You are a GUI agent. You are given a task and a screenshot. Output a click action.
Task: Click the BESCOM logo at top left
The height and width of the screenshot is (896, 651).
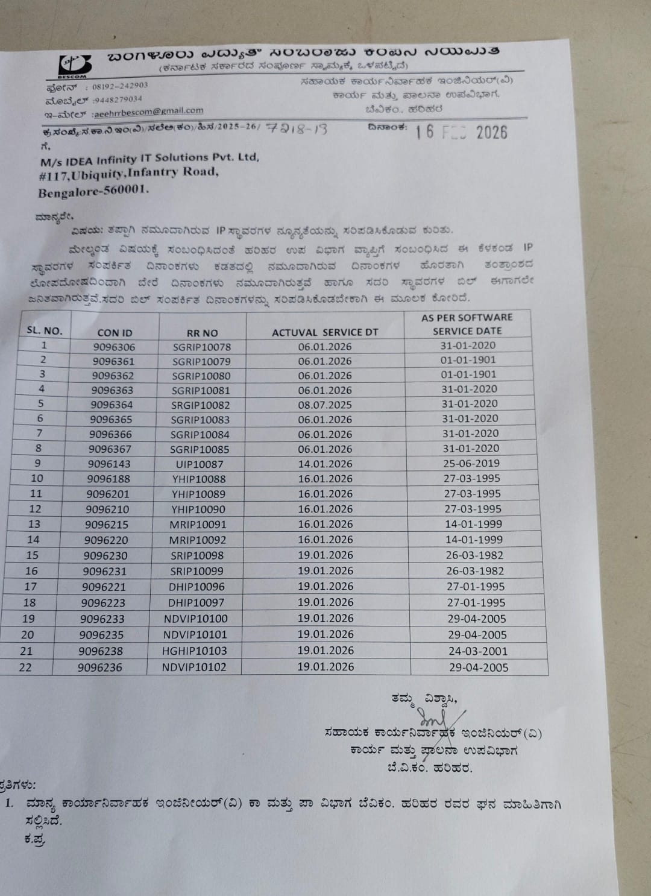pyautogui.click(x=75, y=65)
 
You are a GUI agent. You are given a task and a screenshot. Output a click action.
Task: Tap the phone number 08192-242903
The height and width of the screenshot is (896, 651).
pyautogui.click(x=120, y=86)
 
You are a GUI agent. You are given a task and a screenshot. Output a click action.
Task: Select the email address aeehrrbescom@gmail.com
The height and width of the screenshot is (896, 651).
pyautogui.click(x=148, y=112)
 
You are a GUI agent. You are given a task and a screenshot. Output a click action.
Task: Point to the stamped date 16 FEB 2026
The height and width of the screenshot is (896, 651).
pyautogui.click(x=461, y=132)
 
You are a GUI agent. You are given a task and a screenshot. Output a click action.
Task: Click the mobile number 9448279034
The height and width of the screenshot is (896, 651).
pyautogui.click(x=118, y=99)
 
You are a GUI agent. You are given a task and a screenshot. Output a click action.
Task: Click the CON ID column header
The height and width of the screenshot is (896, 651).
pyautogui.click(x=115, y=333)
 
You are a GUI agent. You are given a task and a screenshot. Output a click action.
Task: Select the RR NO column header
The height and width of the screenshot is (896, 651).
pyautogui.click(x=203, y=333)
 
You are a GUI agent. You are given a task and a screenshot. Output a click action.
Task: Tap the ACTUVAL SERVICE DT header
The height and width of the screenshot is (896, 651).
pyautogui.click(x=325, y=332)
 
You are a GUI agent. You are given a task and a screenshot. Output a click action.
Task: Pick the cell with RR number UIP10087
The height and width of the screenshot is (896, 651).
pyautogui.click(x=200, y=464)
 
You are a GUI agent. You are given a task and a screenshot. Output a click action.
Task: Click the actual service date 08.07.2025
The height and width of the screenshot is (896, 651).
pyautogui.click(x=325, y=405)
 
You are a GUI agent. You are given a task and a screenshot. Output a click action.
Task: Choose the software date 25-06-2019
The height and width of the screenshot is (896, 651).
pyautogui.click(x=471, y=463)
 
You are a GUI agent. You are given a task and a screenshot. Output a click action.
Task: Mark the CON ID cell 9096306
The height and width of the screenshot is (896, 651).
pyautogui.click(x=114, y=347)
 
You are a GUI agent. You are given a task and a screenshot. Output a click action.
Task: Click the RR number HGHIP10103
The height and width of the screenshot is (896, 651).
pyautogui.click(x=194, y=651)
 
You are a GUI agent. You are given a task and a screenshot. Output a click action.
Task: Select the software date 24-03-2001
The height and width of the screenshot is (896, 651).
pyautogui.click(x=478, y=651)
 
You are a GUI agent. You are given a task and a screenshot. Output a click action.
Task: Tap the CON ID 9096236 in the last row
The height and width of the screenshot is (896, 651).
pyautogui.click(x=100, y=667)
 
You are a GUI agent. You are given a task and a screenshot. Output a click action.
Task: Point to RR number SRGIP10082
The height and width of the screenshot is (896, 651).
pyautogui.click(x=201, y=405)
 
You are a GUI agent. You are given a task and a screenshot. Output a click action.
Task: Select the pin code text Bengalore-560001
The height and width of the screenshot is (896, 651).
pyautogui.click(x=93, y=192)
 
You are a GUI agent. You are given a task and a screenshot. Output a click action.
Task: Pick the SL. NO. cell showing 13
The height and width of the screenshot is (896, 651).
pyautogui.click(x=34, y=524)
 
